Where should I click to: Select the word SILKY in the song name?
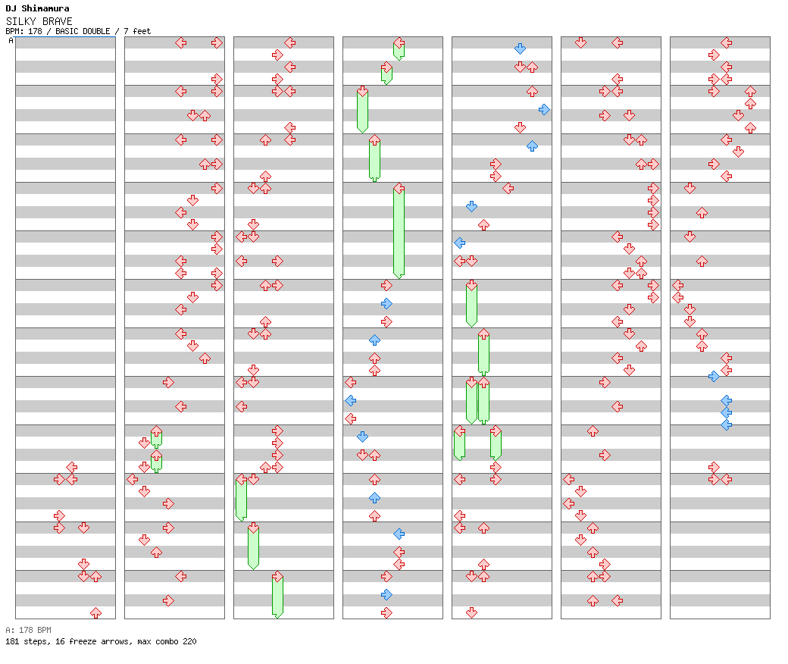19,21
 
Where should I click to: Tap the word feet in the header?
142,31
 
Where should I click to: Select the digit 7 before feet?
126,31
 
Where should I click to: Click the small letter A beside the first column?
11,41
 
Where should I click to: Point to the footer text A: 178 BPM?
28,630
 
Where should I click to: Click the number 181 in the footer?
12,641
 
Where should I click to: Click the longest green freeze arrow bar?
399,231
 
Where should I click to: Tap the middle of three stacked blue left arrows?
726,412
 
